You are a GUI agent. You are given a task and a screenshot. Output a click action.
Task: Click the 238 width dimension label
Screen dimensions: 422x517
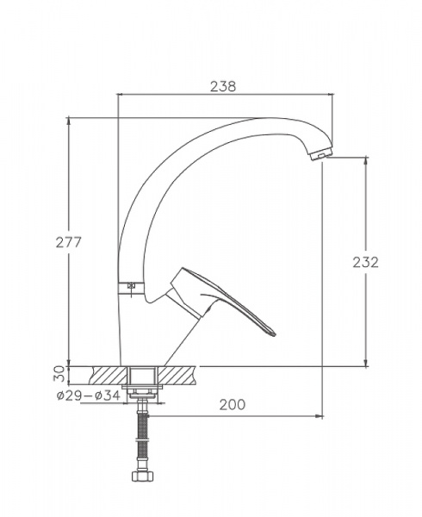click(223, 86)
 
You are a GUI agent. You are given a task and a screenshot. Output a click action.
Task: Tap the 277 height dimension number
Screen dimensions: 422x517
click(68, 242)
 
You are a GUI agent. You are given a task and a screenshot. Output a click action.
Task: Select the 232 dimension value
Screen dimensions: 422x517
click(366, 262)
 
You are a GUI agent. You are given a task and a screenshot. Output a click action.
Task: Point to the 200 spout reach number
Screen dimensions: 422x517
click(233, 405)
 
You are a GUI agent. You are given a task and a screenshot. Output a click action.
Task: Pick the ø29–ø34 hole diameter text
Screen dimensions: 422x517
click(89, 396)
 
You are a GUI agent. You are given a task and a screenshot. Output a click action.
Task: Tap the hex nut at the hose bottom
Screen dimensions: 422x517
click(143, 477)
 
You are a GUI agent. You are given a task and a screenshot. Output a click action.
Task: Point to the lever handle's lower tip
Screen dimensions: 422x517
click(273, 333)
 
